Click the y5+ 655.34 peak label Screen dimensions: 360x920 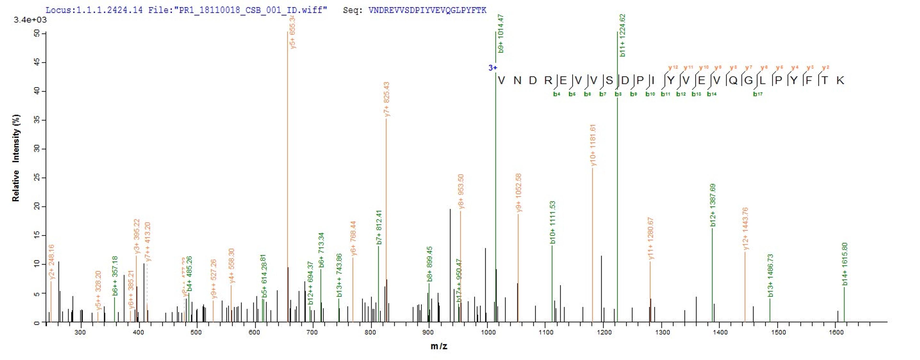pos(293,32)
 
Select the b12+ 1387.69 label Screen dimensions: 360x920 pos(713,205)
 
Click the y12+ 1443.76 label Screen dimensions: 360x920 pos(745,228)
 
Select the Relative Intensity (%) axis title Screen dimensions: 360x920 pos(16,158)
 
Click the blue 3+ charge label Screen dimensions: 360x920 pos(493,68)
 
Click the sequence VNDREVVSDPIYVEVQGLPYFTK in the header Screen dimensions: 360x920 pos(427,10)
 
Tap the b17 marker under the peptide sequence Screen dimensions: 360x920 pos(758,94)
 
